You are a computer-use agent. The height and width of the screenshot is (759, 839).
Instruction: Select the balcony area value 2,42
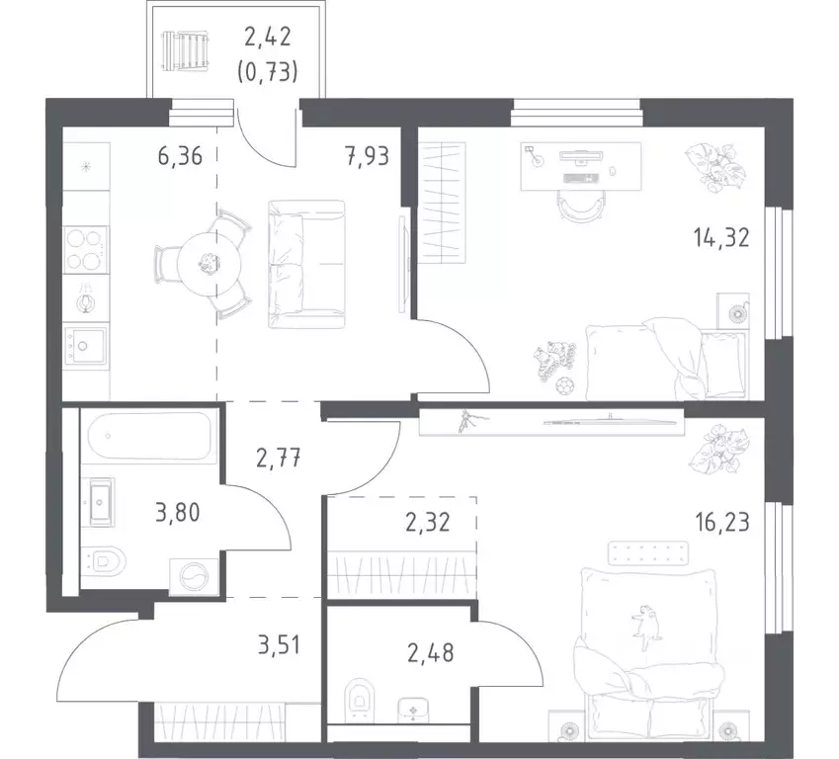270,39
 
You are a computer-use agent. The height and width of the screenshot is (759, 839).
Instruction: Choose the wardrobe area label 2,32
427,521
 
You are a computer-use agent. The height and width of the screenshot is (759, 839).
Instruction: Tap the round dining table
208,263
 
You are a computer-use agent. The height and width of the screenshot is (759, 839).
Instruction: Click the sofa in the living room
305,264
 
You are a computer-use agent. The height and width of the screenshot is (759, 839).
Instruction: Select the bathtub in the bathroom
149,437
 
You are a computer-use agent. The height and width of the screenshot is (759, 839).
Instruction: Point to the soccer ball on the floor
562,383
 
